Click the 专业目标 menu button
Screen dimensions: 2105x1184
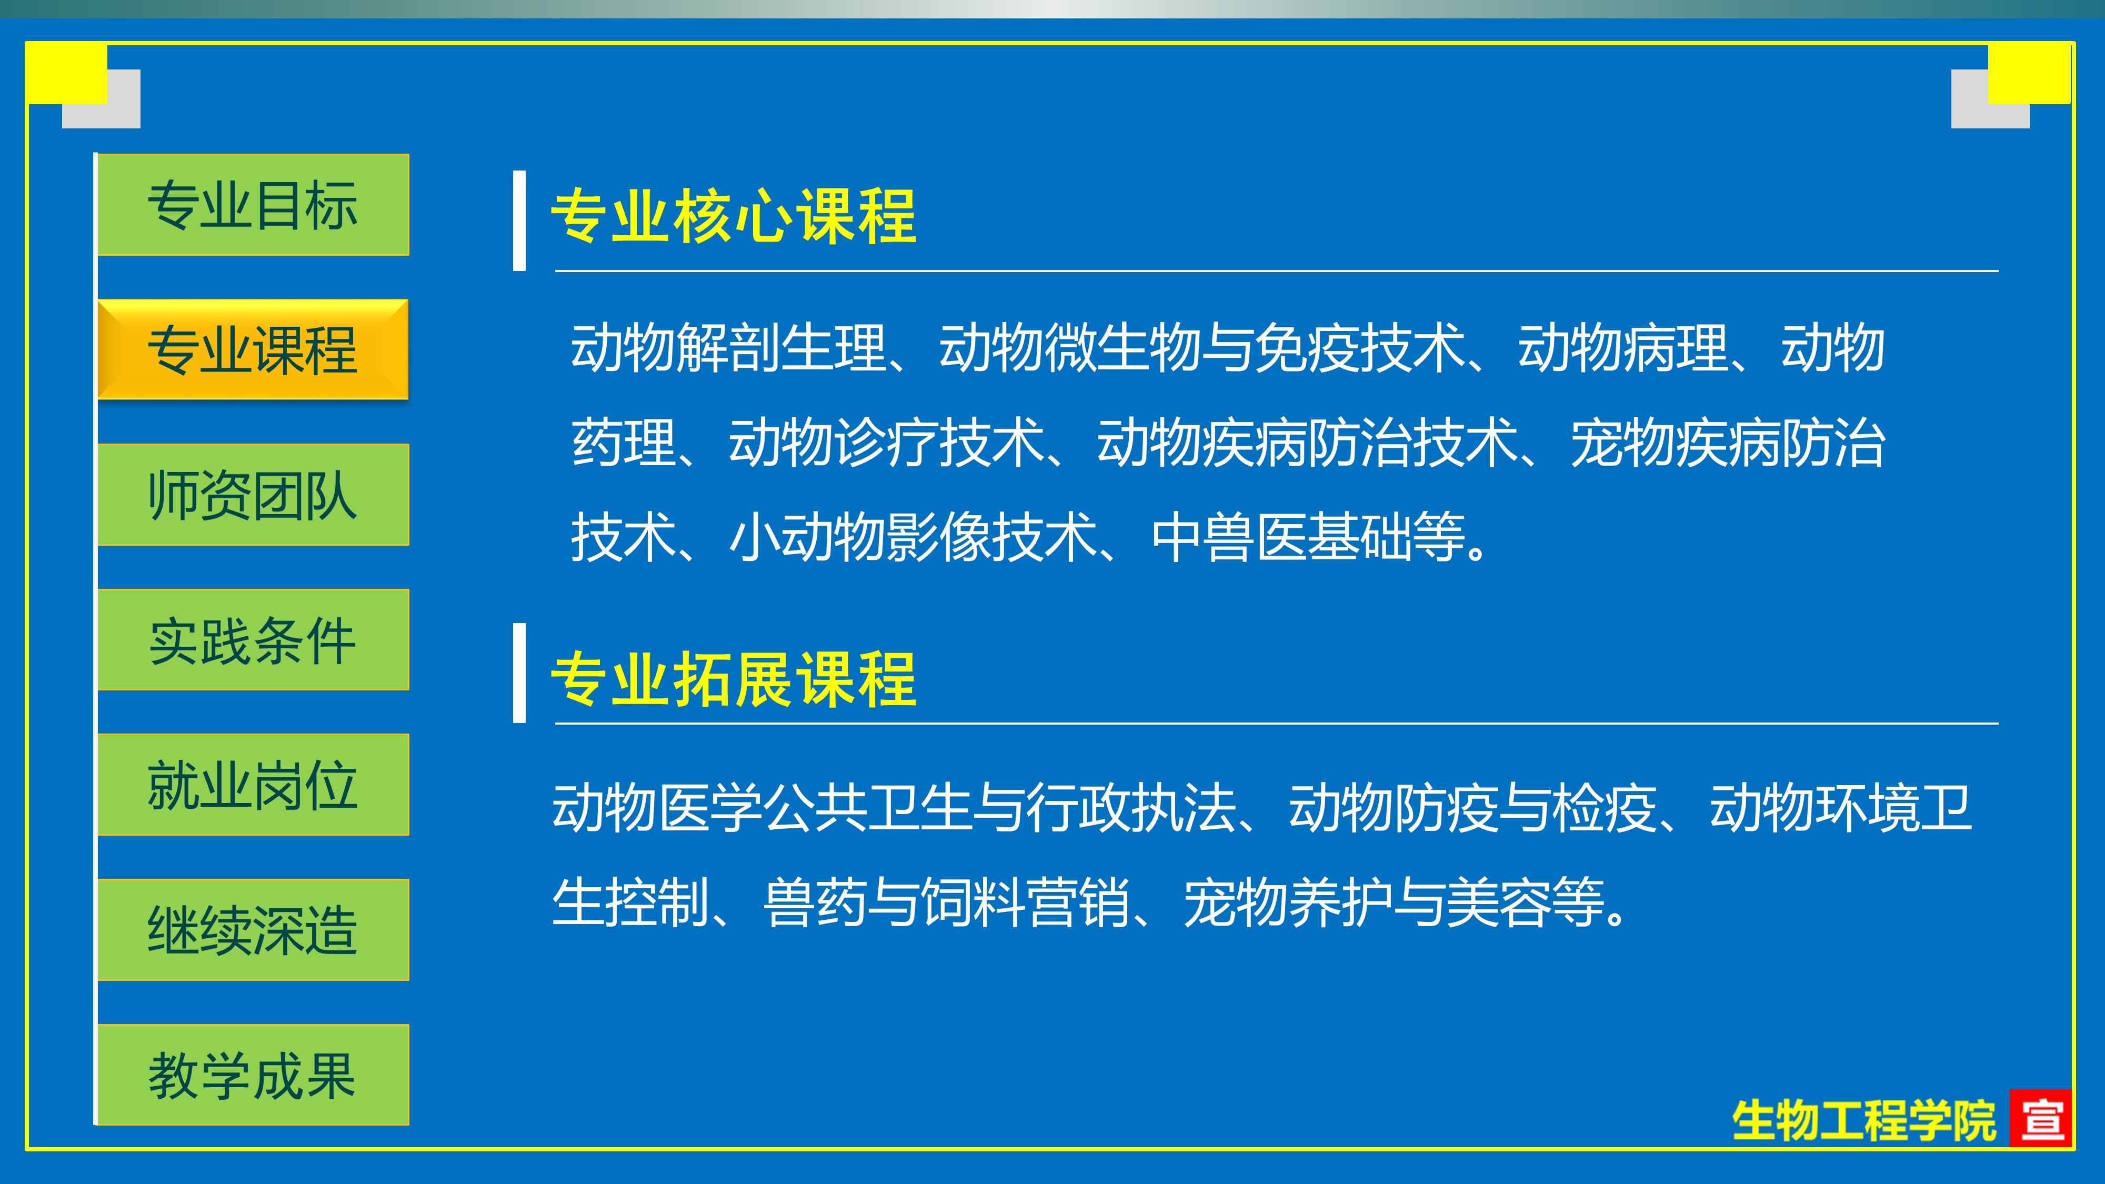(x=253, y=204)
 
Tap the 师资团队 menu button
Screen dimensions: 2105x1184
(x=253, y=494)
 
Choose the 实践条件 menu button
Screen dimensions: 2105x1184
(x=253, y=640)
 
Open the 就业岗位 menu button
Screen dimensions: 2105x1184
(x=253, y=785)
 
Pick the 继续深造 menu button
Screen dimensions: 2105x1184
(x=253, y=930)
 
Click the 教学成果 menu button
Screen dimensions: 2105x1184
(x=253, y=1075)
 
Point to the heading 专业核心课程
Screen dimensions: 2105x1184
(x=734, y=216)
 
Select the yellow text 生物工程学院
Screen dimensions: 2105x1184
(x=1864, y=1120)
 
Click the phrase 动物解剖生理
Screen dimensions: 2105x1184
(x=728, y=348)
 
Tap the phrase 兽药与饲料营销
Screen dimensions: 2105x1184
(x=946, y=902)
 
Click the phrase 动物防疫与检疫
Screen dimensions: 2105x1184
(x=1472, y=808)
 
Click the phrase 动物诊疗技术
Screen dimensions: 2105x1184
(x=887, y=443)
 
